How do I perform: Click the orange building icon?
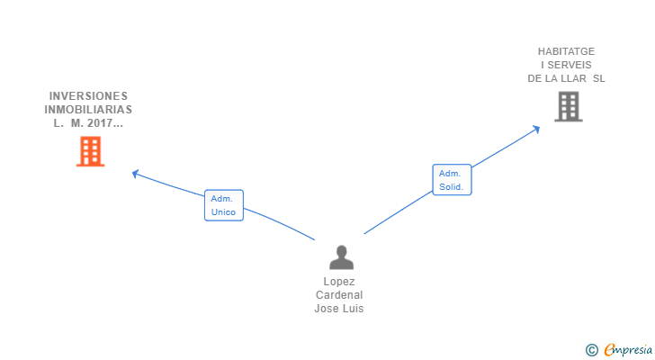click(x=90, y=151)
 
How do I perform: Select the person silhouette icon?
click(x=341, y=257)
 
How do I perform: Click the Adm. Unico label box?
click(x=224, y=205)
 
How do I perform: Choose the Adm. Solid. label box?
click(x=452, y=180)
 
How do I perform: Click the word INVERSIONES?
click(x=88, y=96)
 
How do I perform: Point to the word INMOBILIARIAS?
click(x=88, y=110)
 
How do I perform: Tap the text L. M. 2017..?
click(x=88, y=123)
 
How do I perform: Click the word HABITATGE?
click(x=567, y=51)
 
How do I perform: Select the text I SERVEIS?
click(x=567, y=65)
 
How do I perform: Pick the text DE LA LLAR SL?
click(x=567, y=78)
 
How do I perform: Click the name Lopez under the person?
click(x=339, y=282)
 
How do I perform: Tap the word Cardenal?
click(x=339, y=295)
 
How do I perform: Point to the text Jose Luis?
click(x=339, y=309)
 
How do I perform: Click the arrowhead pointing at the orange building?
click(x=135, y=173)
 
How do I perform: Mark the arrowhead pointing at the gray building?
click(x=536, y=128)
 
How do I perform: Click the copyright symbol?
click(x=591, y=350)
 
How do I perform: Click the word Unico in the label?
click(x=223, y=212)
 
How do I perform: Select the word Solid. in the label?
click(x=451, y=187)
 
